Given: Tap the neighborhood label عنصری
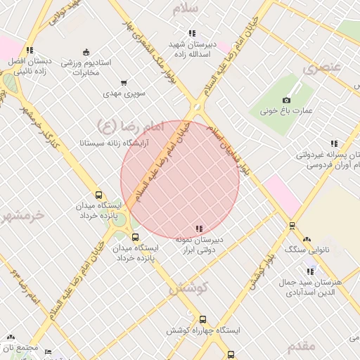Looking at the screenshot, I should tap(321, 68).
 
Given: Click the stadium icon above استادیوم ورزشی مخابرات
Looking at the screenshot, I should tap(86, 51).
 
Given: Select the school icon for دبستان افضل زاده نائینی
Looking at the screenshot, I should tap(29, 50).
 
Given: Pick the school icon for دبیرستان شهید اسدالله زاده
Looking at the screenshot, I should tap(192, 33).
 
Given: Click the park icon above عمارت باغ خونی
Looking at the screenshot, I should tap(287, 99).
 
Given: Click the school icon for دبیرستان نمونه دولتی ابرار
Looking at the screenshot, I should tap(200, 229).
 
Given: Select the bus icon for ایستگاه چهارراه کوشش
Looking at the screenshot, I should tap(203, 319).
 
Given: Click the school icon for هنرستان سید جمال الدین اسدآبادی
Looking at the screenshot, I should tap(309, 271).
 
